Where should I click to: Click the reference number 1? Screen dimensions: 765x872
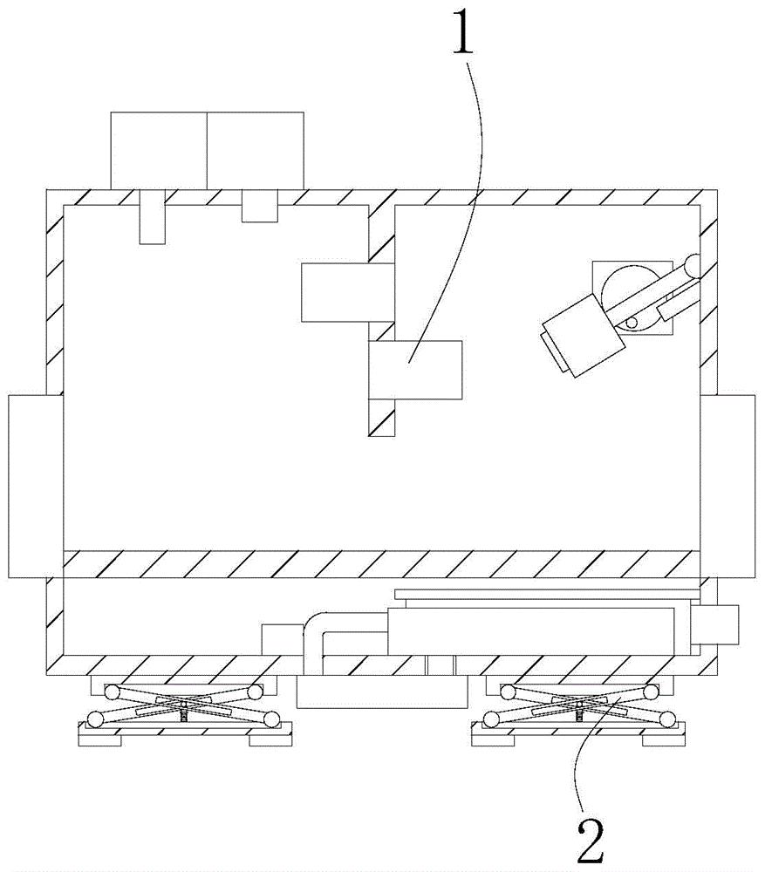click(466, 35)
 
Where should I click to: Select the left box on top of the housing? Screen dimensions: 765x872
click(158, 149)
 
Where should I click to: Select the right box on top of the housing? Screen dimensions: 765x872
click(256, 149)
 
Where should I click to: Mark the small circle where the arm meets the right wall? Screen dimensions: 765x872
click(693, 262)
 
